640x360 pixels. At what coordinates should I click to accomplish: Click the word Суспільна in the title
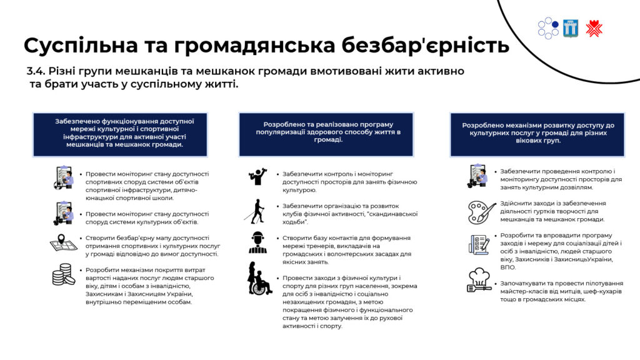[x=81, y=46]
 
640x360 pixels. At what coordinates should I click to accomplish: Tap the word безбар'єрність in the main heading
[x=425, y=45]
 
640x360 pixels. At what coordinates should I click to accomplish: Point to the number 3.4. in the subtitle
[x=36, y=71]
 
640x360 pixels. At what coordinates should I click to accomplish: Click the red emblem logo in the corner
[x=594, y=29]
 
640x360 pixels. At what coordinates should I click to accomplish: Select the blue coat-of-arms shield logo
[x=570, y=28]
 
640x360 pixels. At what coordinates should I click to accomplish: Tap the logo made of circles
[x=548, y=28]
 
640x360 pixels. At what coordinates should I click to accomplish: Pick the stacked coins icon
[x=63, y=274]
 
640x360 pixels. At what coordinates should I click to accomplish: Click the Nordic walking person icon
[x=256, y=211]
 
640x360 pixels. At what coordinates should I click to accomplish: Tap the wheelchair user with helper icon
[x=259, y=278]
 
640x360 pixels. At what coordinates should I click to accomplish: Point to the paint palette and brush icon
[x=482, y=212]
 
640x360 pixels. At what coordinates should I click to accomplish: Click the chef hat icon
[x=479, y=280]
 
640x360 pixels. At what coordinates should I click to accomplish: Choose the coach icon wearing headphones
[x=257, y=242]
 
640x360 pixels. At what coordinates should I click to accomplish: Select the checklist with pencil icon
[x=479, y=244]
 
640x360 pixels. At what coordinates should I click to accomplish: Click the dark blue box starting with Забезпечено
[x=120, y=135]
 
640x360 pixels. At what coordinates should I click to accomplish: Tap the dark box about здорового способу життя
[x=326, y=135]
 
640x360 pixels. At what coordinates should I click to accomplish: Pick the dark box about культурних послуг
[x=537, y=135]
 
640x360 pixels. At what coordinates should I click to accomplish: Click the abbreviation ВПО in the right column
[x=508, y=267]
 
